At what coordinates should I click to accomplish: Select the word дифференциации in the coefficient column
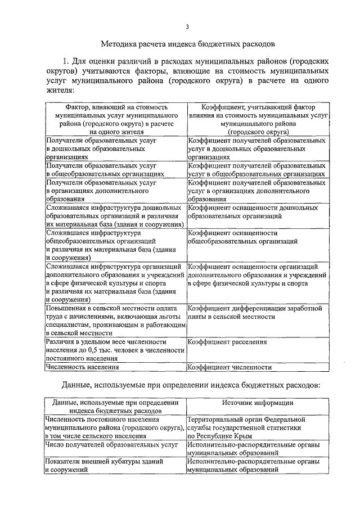[x=256, y=308]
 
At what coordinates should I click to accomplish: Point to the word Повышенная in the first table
[x=67, y=308]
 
